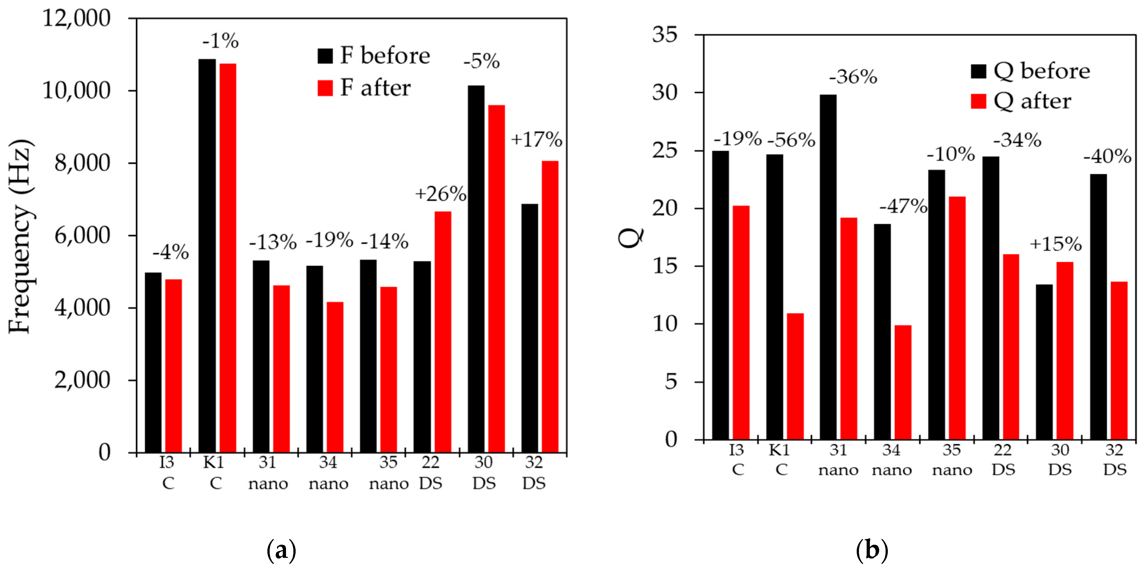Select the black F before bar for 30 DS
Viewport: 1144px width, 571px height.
476,269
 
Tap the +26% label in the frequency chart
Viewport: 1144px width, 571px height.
440,194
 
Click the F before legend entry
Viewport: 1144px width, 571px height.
374,55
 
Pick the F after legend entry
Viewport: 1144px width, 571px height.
364,88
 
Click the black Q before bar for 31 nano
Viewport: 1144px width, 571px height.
828,267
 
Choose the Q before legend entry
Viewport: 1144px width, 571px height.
1030,71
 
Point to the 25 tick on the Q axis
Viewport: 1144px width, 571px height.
664,150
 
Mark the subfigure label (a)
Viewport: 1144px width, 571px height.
281,550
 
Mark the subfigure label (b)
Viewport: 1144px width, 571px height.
871,550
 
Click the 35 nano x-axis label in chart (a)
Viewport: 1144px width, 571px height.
389,473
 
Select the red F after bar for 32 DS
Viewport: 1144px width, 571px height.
550,306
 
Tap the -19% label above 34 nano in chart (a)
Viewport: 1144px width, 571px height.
329,240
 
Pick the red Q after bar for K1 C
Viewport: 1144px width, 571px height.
795,376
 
